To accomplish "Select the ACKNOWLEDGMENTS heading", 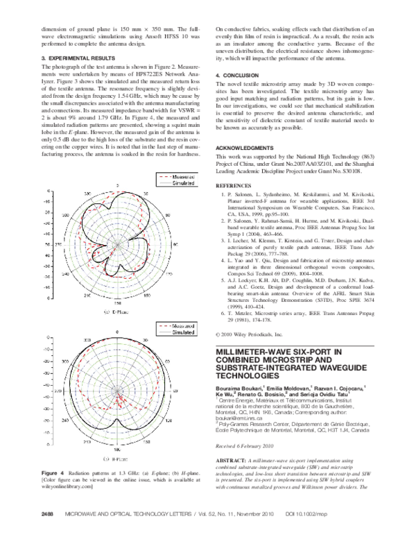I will tap(248, 149).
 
